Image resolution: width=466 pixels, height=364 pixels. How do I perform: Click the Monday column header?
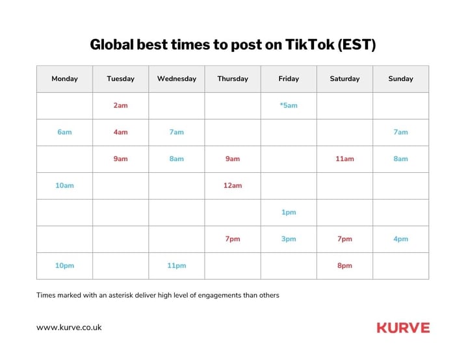pos(64,79)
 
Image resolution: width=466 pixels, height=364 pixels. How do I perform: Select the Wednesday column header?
pos(177,79)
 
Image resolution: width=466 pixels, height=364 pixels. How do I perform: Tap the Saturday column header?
pos(344,79)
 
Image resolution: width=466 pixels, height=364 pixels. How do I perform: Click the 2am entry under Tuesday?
pos(120,105)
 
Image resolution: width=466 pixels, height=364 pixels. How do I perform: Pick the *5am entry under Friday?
pos(289,105)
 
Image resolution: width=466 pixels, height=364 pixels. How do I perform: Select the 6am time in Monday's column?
pos(64,132)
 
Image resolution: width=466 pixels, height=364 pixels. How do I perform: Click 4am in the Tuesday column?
pos(120,132)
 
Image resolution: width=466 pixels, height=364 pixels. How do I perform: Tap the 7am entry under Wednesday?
pos(177,132)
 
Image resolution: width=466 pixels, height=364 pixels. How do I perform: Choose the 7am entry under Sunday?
pos(400,132)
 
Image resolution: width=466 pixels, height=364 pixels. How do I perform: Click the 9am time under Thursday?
pos(233,159)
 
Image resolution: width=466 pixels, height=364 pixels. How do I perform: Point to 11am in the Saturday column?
pos(344,159)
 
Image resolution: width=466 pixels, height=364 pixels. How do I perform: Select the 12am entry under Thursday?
pos(233,186)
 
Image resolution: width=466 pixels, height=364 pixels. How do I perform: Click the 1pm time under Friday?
pos(289,213)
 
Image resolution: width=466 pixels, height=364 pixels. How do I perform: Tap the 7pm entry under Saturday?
pos(344,239)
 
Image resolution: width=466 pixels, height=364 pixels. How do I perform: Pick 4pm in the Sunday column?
pos(400,239)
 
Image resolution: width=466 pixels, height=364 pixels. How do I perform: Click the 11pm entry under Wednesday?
pos(177,266)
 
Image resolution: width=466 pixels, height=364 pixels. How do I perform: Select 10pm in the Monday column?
pos(64,266)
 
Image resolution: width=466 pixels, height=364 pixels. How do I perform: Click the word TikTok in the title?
pos(309,45)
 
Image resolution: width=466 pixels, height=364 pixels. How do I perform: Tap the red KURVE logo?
pos(404,328)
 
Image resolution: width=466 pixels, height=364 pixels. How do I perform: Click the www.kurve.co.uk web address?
pos(69,328)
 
